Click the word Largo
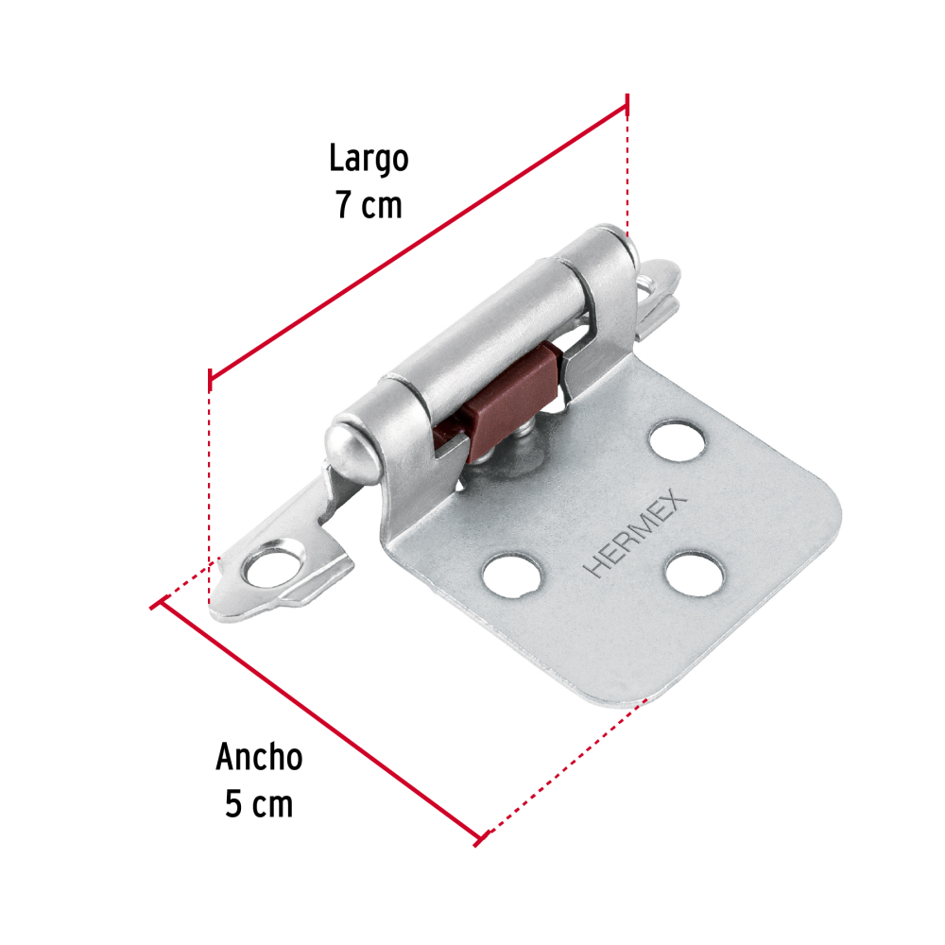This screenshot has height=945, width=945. click(x=369, y=160)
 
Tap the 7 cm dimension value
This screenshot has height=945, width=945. click(x=369, y=205)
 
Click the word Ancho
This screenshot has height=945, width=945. click(x=259, y=757)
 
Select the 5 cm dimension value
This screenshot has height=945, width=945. click(x=259, y=803)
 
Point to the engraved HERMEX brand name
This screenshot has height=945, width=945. click(x=635, y=533)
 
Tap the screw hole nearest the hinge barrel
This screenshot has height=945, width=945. click(x=677, y=441)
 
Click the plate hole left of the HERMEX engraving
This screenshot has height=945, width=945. click(x=511, y=576)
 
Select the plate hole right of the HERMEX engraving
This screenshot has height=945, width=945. click(x=694, y=574)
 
